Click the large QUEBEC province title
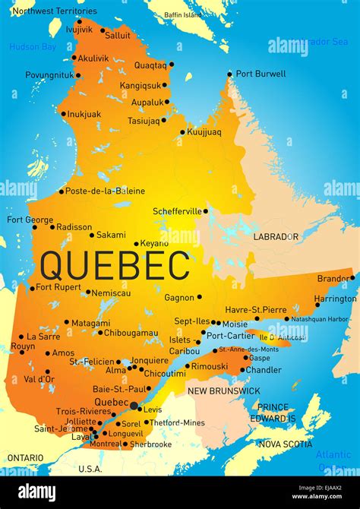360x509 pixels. (x=115, y=266)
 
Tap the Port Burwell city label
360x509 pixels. (x=261, y=74)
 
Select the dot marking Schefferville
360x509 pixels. (x=205, y=211)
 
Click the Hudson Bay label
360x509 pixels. (x=33, y=47)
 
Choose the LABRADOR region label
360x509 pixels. (x=276, y=236)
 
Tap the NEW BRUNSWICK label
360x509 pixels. (x=224, y=390)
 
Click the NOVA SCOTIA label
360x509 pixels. (x=285, y=444)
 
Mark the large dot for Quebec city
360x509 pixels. (x=134, y=406)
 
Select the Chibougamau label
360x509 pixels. (x=131, y=333)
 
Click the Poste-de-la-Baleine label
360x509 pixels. (x=106, y=191)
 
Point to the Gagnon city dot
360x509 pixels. (x=201, y=298)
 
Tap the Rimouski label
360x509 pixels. (x=209, y=366)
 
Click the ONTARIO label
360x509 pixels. (x=25, y=457)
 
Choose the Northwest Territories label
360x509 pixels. (x=55, y=11)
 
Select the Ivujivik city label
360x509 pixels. (x=79, y=30)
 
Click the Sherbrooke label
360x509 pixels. (x=150, y=444)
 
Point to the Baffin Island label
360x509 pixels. (x=182, y=14)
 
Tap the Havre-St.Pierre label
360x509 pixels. (x=256, y=309)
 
